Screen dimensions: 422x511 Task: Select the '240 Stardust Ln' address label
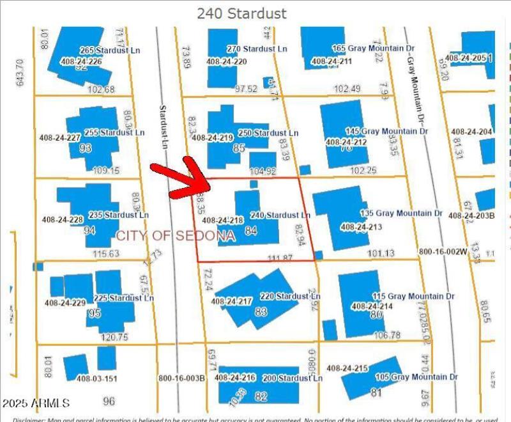(x=280, y=215)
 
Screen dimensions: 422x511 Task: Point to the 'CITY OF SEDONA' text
(x=176, y=236)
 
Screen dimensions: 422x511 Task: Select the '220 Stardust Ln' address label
(x=284, y=296)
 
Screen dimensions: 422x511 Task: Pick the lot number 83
(x=260, y=312)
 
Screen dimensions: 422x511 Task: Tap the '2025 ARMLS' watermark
(x=36, y=403)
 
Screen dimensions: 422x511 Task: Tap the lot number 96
(x=90, y=402)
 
